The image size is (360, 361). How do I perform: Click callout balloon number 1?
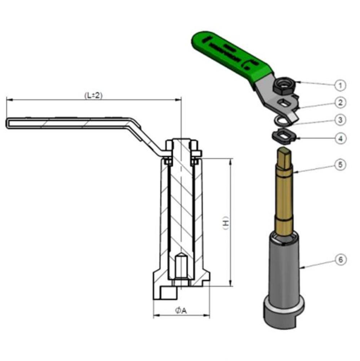pyautogui.click(x=339, y=85)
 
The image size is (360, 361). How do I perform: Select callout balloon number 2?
pyautogui.click(x=339, y=103)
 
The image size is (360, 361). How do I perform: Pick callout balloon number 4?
pyautogui.click(x=339, y=138)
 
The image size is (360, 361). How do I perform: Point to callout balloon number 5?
pyautogui.click(x=339, y=165)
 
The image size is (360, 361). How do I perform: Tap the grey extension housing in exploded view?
pyautogui.click(x=284, y=267)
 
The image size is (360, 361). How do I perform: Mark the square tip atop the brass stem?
pyautogui.click(x=285, y=155)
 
